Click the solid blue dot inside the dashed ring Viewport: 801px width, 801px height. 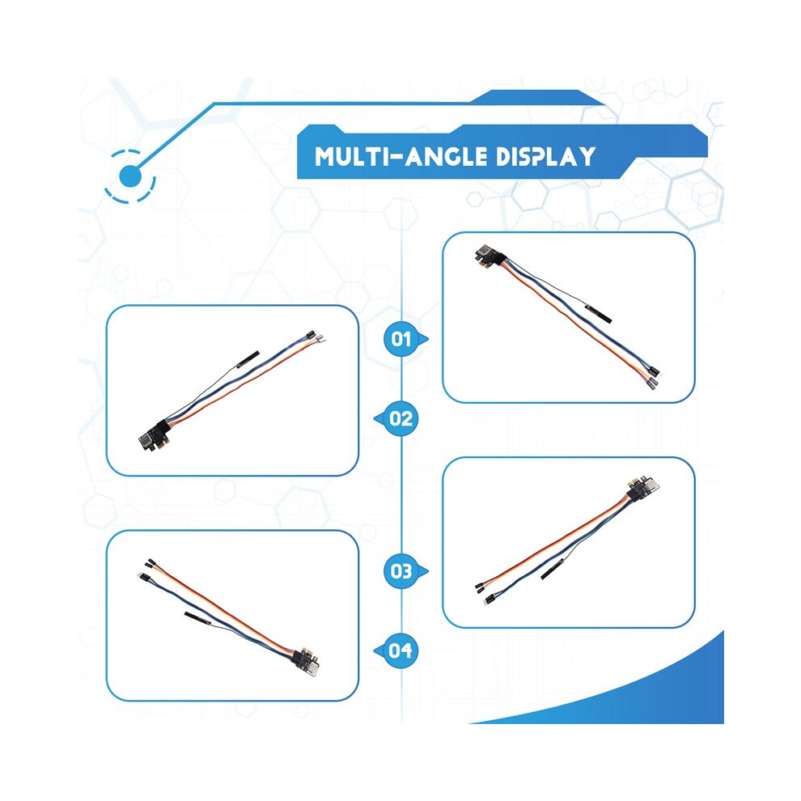click(x=129, y=176)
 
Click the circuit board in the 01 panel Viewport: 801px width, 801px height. click(x=489, y=257)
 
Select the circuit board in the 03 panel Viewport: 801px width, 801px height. click(x=642, y=489)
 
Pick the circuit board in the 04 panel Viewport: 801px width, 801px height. click(x=305, y=661)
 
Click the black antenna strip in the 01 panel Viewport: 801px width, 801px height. click(x=598, y=313)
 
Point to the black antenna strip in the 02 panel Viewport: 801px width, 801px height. click(x=248, y=359)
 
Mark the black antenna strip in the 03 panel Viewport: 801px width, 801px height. click(x=553, y=569)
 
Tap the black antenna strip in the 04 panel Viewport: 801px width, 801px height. click(x=197, y=618)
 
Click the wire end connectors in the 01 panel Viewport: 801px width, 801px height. click(x=654, y=378)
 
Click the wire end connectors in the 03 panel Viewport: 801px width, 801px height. click(x=485, y=592)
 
